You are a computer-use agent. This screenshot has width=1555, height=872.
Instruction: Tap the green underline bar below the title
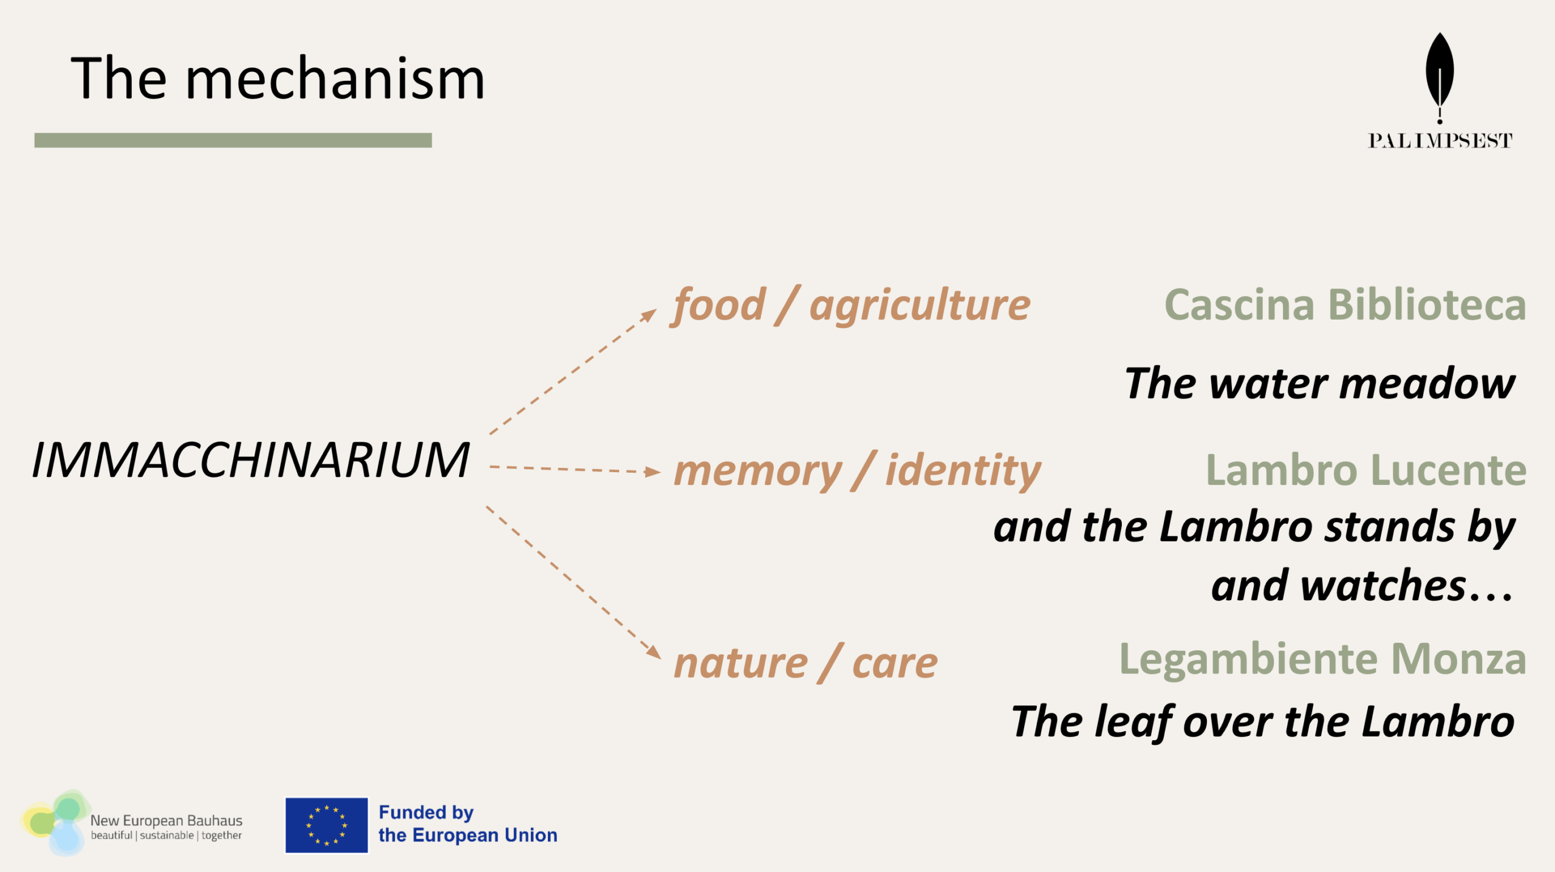click(x=233, y=140)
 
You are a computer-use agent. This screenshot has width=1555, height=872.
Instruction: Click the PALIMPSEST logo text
click(x=1440, y=141)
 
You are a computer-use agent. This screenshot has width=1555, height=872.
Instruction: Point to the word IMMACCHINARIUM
click(x=251, y=460)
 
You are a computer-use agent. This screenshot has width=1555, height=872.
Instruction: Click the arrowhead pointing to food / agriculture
click(x=649, y=315)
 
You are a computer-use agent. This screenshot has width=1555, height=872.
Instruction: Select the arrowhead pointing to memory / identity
click(x=653, y=472)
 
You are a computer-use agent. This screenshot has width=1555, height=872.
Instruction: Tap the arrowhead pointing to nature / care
click(x=654, y=651)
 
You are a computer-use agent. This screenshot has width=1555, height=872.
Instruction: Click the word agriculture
click(x=920, y=306)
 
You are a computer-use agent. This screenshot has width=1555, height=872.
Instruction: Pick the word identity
click(x=963, y=472)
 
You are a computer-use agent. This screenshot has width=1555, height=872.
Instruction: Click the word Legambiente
click(x=1248, y=660)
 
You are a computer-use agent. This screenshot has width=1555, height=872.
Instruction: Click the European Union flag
click(x=327, y=825)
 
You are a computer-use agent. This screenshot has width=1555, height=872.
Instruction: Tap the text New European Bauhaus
click(x=166, y=820)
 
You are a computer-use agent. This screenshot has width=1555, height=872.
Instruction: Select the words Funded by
click(x=426, y=812)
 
